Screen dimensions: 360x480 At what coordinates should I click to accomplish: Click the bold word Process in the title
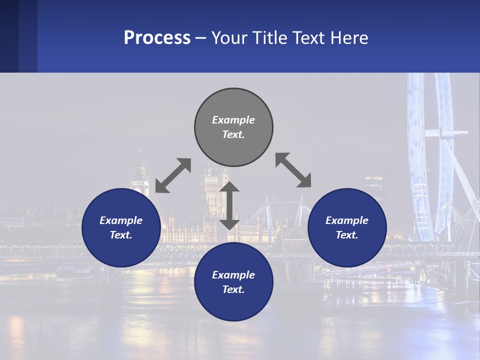(x=157, y=38)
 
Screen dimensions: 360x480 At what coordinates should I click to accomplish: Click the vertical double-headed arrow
(x=229, y=205)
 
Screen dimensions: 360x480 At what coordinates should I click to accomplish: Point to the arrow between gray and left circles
(x=173, y=175)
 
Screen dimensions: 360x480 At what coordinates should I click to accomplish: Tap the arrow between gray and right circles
(x=293, y=170)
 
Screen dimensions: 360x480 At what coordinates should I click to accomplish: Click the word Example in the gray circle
(x=233, y=120)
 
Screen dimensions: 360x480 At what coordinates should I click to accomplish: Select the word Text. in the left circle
(x=121, y=235)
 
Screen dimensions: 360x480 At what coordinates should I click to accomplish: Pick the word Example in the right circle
(x=347, y=220)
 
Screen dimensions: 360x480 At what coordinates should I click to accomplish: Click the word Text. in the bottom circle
(x=233, y=289)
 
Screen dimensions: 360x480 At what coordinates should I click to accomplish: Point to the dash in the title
(x=201, y=38)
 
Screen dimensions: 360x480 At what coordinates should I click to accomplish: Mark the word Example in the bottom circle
(x=233, y=275)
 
